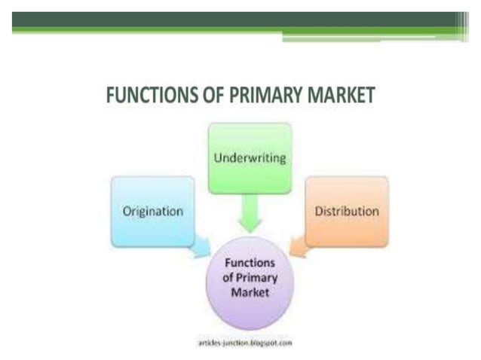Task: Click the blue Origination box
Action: tap(152, 211)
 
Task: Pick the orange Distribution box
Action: tap(346, 211)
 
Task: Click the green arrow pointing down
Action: tap(248, 214)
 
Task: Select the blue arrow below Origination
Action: tap(200, 246)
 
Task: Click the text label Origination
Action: tap(152, 212)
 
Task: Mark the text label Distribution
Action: tap(346, 212)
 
